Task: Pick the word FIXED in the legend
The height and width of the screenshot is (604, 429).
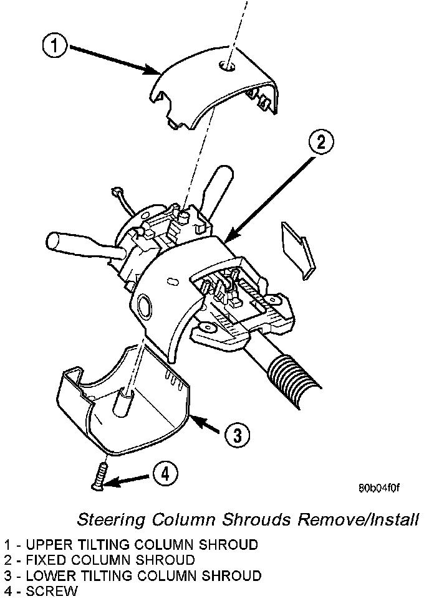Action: tap(46, 560)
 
